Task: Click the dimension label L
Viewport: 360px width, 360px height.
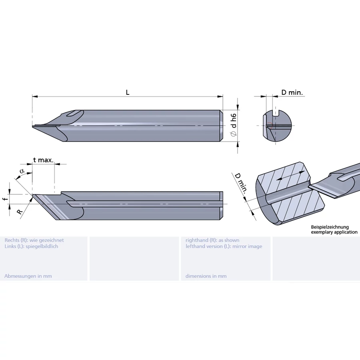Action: click(x=128, y=92)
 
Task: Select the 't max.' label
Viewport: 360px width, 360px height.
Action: click(x=43, y=160)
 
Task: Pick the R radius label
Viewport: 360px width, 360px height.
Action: click(x=20, y=211)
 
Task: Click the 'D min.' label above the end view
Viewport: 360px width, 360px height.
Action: click(x=292, y=92)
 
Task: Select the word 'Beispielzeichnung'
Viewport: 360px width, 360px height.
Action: click(x=330, y=227)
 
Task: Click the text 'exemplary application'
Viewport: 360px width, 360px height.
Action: click(x=334, y=232)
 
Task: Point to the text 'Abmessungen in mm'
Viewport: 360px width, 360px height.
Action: click(x=28, y=276)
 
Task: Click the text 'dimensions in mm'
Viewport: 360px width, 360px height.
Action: click(x=206, y=276)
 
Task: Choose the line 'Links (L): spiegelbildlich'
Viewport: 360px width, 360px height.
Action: click(x=31, y=246)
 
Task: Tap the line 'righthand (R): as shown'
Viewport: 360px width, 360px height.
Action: click(x=212, y=240)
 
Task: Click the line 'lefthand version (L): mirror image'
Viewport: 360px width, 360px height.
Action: click(x=224, y=246)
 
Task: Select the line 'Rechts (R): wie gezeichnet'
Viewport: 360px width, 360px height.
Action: click(x=34, y=240)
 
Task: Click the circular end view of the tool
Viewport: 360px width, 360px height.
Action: click(x=277, y=126)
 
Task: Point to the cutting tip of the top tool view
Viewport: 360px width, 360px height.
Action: click(x=34, y=127)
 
